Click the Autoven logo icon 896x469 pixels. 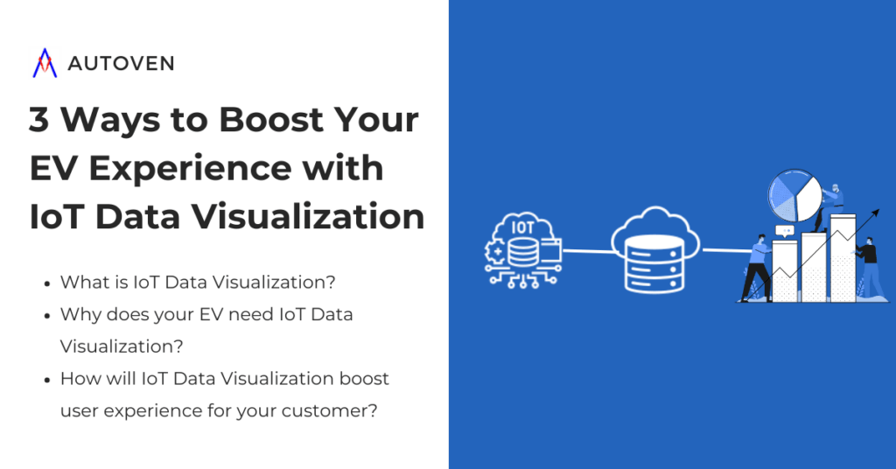(x=44, y=63)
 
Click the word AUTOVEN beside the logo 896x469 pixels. (x=120, y=64)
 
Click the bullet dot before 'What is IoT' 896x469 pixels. (x=45, y=283)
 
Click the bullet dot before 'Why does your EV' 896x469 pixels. (x=45, y=314)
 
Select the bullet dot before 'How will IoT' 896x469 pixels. (x=45, y=379)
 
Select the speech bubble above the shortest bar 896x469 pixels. (x=784, y=231)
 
